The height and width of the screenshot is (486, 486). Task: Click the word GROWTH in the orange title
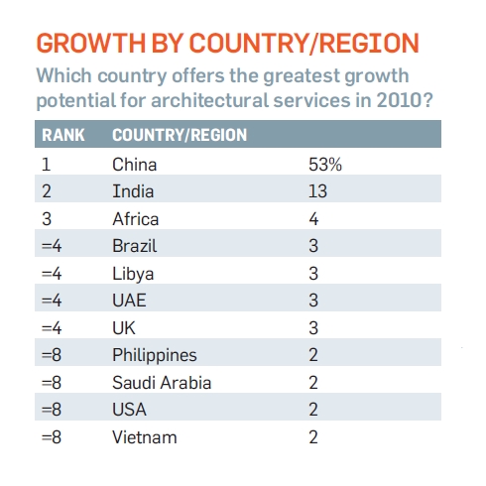coord(91,43)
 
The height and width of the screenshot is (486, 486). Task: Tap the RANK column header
coord(63,135)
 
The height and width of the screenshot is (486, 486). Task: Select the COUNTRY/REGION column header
coord(180,135)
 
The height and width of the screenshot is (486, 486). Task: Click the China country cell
coord(134,165)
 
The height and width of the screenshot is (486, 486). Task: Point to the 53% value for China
coord(325,165)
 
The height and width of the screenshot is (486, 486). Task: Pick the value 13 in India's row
coord(317,191)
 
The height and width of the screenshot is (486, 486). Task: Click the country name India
coord(133,191)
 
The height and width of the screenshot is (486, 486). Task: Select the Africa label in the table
coord(136,219)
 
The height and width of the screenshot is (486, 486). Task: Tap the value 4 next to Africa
coord(313,219)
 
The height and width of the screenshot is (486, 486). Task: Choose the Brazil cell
coord(135,246)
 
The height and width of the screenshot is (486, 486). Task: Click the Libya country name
coord(133,275)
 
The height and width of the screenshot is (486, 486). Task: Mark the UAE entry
coord(129,301)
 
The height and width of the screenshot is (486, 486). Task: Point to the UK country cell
coord(124,328)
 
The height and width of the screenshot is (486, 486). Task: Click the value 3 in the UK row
coord(313,328)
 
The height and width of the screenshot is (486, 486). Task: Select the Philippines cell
coord(155,356)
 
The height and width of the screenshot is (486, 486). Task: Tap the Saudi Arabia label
coord(162,383)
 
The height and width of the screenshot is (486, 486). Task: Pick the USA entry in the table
coord(129,410)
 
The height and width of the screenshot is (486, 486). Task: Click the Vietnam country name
coord(145,437)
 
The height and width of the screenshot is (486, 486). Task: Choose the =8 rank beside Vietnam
coord(52,437)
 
